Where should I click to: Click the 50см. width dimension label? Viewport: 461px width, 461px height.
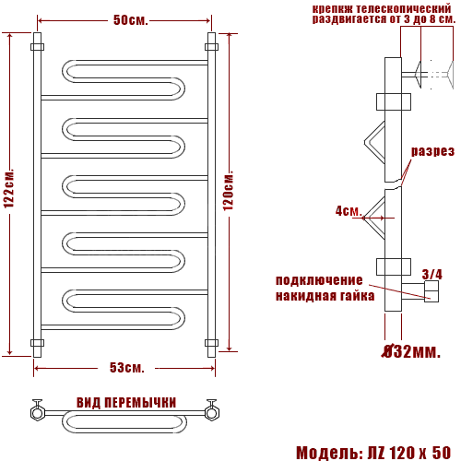pyautogui.click(x=131, y=20)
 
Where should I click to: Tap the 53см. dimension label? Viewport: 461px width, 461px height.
pyautogui.click(x=127, y=368)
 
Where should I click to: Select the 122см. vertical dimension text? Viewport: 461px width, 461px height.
pyautogui.click(x=9, y=188)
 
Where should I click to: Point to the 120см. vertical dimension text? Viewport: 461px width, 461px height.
pyautogui.click(x=229, y=190)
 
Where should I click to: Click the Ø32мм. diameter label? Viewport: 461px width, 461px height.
pyautogui.click(x=411, y=351)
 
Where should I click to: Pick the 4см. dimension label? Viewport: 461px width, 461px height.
pyautogui.click(x=349, y=211)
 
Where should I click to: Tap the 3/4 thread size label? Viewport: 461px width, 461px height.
pyautogui.click(x=431, y=274)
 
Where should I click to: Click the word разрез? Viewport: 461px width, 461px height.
pyautogui.click(x=432, y=151)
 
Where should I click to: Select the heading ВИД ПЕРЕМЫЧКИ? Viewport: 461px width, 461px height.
pyautogui.click(x=126, y=403)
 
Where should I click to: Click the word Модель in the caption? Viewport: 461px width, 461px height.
pyautogui.click(x=328, y=453)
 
